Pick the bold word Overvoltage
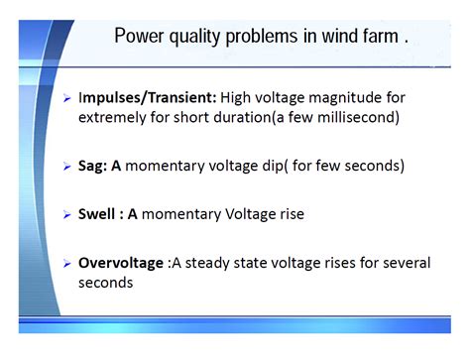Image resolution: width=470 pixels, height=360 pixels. tap(120, 263)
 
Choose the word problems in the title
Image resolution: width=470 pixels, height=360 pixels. tap(265, 37)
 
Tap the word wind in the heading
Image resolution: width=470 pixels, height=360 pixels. tap(334, 37)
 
